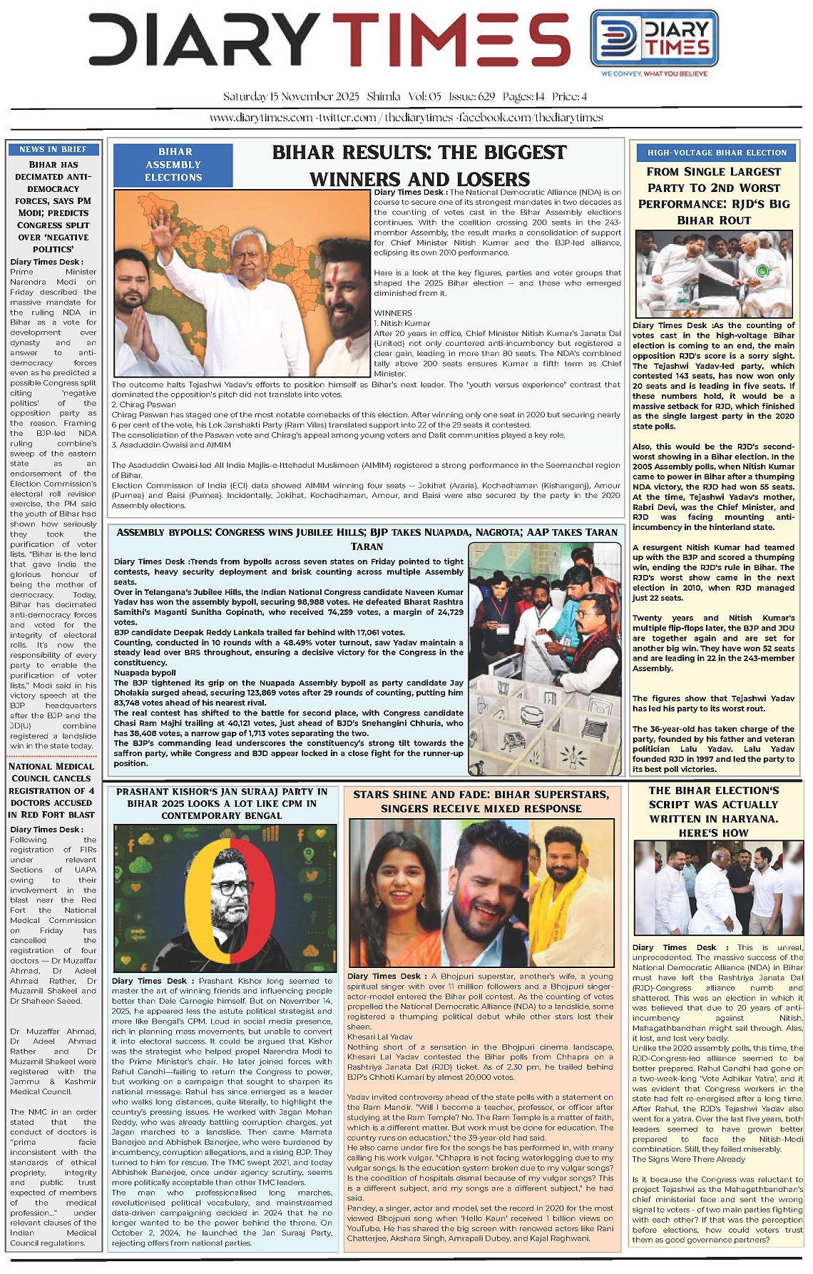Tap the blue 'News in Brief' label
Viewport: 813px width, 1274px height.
pyautogui.click(x=53, y=149)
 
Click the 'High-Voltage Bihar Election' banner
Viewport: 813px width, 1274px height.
pyautogui.click(x=717, y=152)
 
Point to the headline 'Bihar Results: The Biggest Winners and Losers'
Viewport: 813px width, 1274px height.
pyautogui.click(x=419, y=165)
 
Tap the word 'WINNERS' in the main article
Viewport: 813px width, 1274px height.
pyautogui.click(x=393, y=313)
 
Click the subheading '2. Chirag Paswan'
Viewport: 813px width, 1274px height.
pyautogui.click(x=143, y=404)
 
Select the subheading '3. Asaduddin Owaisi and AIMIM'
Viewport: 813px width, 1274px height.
pyautogui.click(x=170, y=445)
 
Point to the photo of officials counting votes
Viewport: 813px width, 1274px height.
pyautogui.click(x=545, y=658)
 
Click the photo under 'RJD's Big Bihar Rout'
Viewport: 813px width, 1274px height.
pyautogui.click(x=714, y=274)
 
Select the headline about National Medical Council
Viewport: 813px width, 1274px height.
pyautogui.click(x=51, y=790)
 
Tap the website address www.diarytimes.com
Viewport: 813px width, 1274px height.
pyautogui.click(x=261, y=118)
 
